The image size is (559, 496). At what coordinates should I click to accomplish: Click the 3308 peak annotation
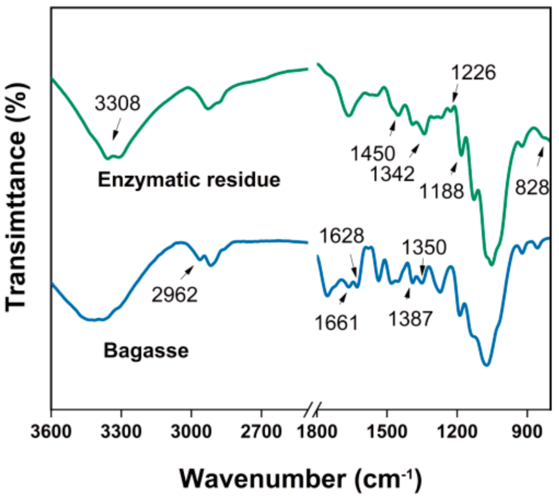(x=117, y=104)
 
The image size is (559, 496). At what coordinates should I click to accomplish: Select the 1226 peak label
(x=473, y=73)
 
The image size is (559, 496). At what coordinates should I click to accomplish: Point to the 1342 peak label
(x=392, y=174)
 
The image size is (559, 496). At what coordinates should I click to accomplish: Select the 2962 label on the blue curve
(x=175, y=295)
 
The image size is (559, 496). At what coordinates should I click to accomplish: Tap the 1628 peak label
(x=341, y=235)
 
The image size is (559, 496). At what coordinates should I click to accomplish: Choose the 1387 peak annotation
(x=410, y=317)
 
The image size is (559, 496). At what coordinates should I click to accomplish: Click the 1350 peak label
(x=424, y=247)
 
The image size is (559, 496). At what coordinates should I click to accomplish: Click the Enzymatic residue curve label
(x=190, y=180)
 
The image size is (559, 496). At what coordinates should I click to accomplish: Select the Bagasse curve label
(x=146, y=350)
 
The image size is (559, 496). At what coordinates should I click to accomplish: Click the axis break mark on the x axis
(x=312, y=411)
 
